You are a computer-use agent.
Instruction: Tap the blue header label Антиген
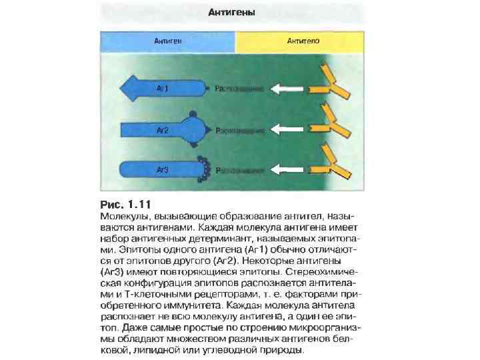pyautogui.click(x=169, y=41)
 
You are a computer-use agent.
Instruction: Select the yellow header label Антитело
pyautogui.click(x=303, y=41)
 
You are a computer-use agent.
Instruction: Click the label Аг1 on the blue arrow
pyautogui.click(x=163, y=87)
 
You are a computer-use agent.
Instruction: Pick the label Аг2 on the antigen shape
pyautogui.click(x=162, y=130)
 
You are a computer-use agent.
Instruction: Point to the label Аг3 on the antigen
pyautogui.click(x=162, y=170)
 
